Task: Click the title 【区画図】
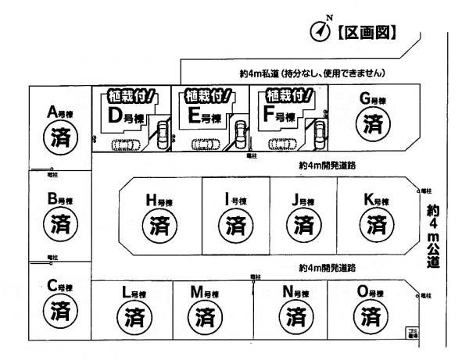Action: [x=367, y=32]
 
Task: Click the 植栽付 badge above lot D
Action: [x=130, y=98]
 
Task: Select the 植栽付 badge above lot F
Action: [x=288, y=97]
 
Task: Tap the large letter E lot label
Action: [x=195, y=117]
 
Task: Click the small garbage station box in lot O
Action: [x=412, y=333]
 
